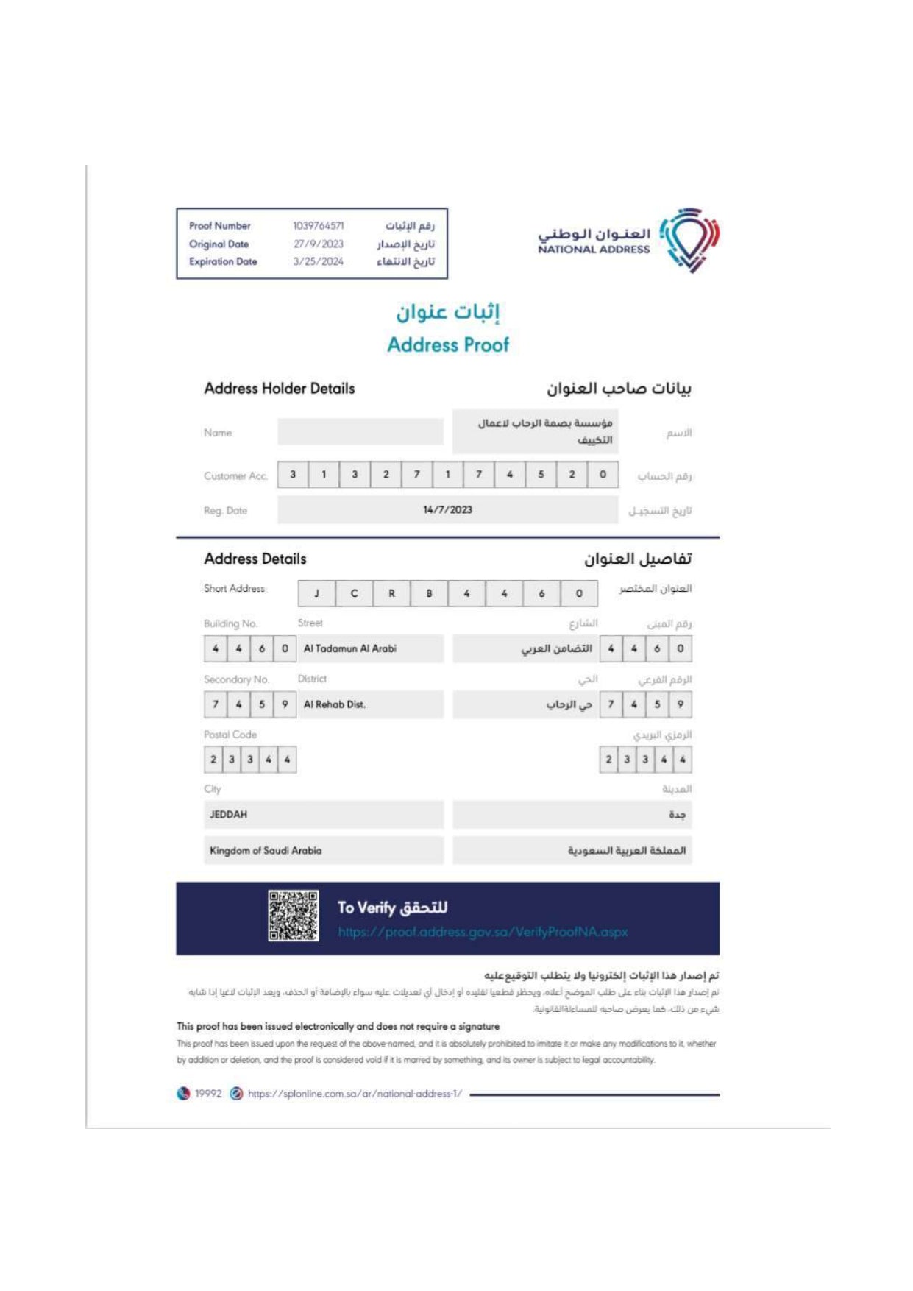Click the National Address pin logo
[x=689, y=239]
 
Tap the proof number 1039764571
[x=318, y=226]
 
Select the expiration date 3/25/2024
[x=318, y=261]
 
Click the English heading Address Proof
[x=448, y=344]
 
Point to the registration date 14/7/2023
[x=447, y=510]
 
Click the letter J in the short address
[x=316, y=593]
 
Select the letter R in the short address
[x=391, y=593]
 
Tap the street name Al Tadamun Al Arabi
[x=350, y=648]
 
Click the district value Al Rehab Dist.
[x=335, y=704]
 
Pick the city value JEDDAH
[x=229, y=815]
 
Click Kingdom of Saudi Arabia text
[x=266, y=850]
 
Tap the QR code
[x=293, y=916]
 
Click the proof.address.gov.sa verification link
[x=483, y=932]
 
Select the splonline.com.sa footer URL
[x=355, y=1094]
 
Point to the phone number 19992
[x=208, y=1094]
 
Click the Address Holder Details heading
[x=280, y=389]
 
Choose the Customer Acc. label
[x=235, y=476]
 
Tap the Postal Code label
[x=230, y=735]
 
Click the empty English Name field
[x=360, y=432]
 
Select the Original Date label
[x=219, y=244]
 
